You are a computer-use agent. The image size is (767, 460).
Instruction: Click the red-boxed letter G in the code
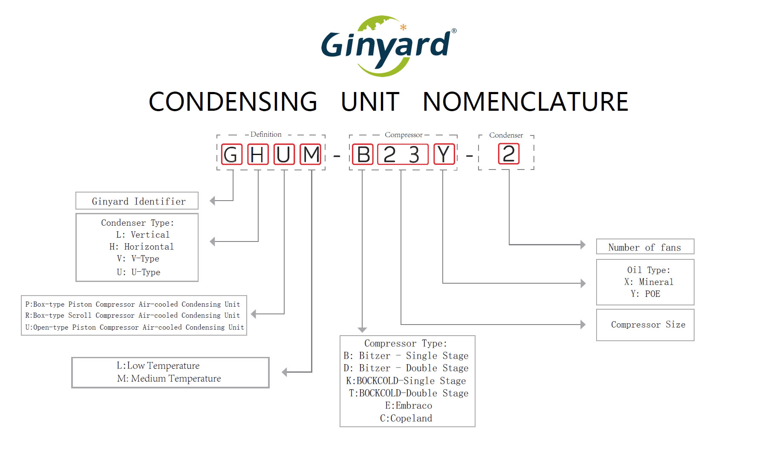pyautogui.click(x=231, y=154)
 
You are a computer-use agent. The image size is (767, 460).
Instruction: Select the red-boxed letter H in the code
pyautogui.click(x=258, y=154)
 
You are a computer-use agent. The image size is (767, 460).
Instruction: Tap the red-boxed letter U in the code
pyautogui.click(x=283, y=154)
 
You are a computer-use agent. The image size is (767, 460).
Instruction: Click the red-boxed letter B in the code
pyautogui.click(x=363, y=154)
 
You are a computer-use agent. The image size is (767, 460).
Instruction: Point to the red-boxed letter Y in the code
pyautogui.click(x=444, y=154)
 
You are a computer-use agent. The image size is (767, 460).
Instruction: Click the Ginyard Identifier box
pyautogui.click(x=137, y=201)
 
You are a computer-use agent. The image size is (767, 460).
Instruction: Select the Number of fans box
pyautogui.click(x=645, y=247)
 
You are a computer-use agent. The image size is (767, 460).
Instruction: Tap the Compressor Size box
pyautogui.click(x=645, y=325)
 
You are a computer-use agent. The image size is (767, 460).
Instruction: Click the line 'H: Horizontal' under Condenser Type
pyautogui.click(x=141, y=247)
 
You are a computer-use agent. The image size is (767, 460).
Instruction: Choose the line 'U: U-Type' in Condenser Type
pyautogui.click(x=138, y=272)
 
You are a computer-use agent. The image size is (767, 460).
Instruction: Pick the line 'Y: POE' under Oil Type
pyautogui.click(x=646, y=294)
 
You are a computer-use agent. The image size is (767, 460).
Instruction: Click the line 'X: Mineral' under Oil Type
pyautogui.click(x=649, y=282)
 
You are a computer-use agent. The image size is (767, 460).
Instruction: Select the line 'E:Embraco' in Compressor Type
pyautogui.click(x=408, y=405)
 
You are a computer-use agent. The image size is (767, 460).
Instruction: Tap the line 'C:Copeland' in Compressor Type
pyautogui.click(x=406, y=418)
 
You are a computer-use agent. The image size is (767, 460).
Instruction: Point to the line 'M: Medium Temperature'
pyautogui.click(x=169, y=379)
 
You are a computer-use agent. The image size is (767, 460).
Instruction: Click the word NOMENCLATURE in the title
pyautogui.click(x=525, y=102)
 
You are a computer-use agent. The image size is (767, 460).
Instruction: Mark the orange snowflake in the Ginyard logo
pyautogui.click(x=403, y=27)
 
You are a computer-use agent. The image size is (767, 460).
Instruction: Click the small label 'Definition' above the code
pyautogui.click(x=266, y=135)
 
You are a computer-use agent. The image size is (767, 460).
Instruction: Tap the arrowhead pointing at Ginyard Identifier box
pyautogui.click(x=213, y=201)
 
